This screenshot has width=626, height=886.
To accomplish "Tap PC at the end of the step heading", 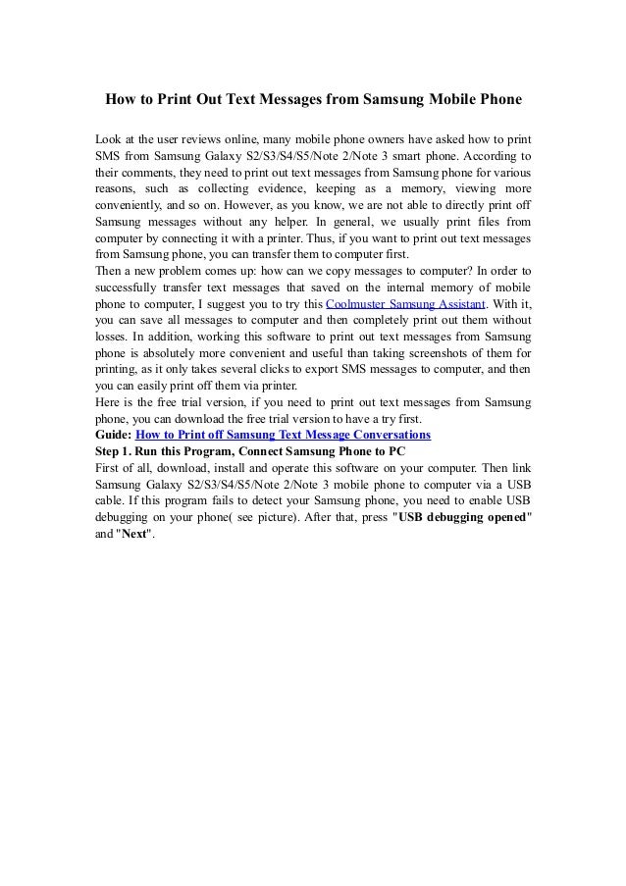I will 396,450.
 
